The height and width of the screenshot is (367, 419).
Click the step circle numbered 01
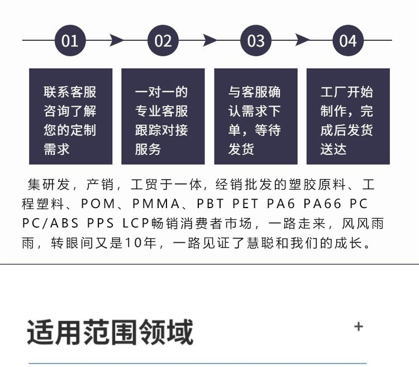70,40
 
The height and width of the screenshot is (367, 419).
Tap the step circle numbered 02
163,40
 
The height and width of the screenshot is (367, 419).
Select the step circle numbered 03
256,40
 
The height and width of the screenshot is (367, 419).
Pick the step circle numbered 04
348,40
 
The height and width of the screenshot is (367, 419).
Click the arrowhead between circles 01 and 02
116,40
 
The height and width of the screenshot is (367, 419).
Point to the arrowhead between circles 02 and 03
209,40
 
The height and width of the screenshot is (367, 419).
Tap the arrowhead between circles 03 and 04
302,40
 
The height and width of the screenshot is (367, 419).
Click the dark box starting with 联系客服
70,116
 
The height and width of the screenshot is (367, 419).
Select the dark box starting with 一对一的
163,116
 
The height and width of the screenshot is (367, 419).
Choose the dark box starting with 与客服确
256,116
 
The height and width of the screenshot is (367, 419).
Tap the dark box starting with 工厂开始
348,116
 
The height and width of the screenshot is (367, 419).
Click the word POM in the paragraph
98,204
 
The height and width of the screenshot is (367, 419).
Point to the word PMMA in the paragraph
156,204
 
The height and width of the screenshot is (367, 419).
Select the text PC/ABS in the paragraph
50,223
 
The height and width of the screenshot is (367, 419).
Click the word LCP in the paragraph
136,223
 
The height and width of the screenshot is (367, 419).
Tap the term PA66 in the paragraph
322,204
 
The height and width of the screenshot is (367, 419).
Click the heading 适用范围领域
110,332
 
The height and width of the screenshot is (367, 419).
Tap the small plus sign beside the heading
359,327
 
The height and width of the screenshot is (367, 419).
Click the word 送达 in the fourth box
334,149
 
